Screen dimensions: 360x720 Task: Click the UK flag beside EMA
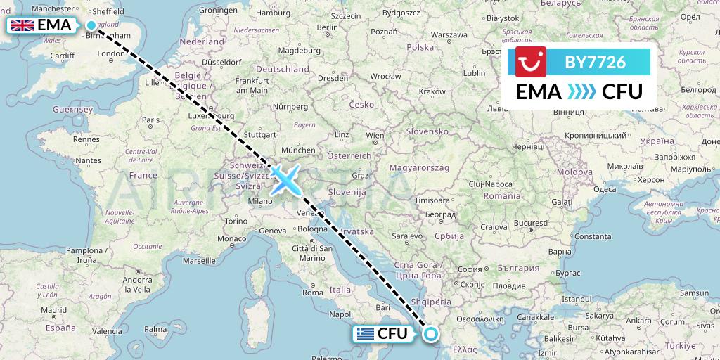point(22,26)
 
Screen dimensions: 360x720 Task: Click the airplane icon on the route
point(286,180)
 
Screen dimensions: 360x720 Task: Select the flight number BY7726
point(595,62)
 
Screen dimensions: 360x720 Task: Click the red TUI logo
point(531,62)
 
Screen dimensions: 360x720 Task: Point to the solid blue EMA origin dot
point(91,26)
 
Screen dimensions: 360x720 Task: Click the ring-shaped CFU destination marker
point(430,333)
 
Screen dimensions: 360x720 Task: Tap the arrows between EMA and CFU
point(580,91)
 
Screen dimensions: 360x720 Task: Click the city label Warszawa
point(449,34)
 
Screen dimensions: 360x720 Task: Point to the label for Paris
point(150,120)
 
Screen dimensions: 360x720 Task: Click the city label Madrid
point(53,309)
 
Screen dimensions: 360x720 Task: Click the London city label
point(111,53)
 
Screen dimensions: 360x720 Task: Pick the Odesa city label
point(605,189)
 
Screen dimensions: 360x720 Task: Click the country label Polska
point(420,47)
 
